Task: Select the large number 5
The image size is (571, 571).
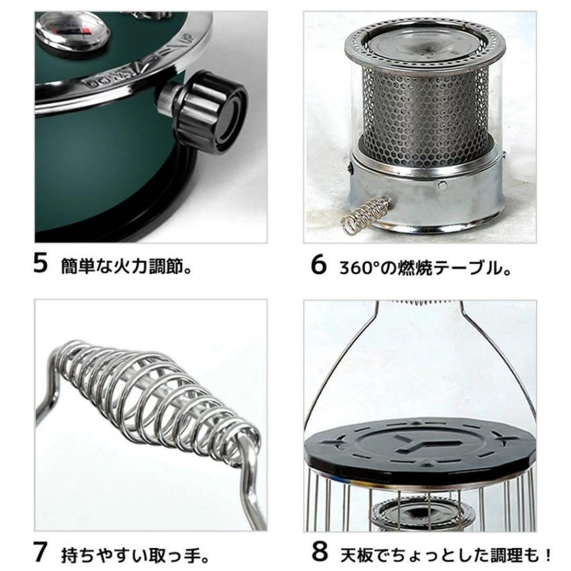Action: pyautogui.click(x=41, y=264)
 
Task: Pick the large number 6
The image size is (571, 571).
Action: pyautogui.click(x=318, y=265)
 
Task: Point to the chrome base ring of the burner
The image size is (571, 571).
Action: pyautogui.click(x=423, y=196)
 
